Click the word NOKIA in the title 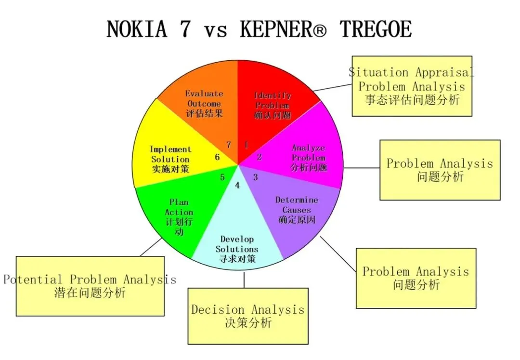(x=137, y=29)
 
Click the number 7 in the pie (x=229, y=145)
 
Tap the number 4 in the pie (x=237, y=185)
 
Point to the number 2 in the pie (x=259, y=157)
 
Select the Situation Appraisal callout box (x=412, y=86)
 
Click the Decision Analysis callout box (x=247, y=316)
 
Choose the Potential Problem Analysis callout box (x=90, y=286)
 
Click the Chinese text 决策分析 (x=248, y=323)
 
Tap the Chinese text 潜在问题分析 (x=90, y=292)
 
